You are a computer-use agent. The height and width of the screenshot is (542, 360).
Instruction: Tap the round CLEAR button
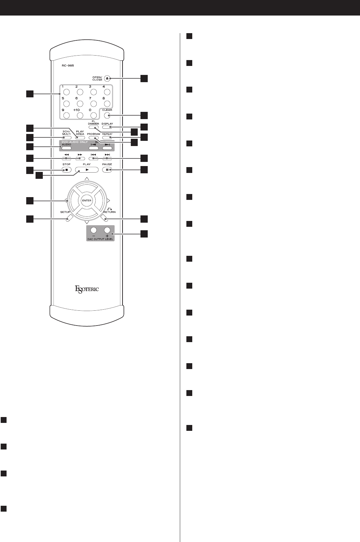point(107,116)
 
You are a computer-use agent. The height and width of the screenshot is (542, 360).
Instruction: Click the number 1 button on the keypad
point(67,92)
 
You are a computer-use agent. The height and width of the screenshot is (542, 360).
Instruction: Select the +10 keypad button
point(80,116)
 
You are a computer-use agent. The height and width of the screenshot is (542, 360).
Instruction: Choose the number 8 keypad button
point(107,104)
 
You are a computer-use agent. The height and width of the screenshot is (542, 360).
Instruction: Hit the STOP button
point(66,170)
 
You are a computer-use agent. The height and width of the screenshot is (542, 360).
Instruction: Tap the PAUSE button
point(107,170)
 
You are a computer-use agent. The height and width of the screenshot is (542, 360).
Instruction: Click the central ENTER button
point(87,200)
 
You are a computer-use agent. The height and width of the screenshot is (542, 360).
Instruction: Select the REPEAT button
point(107,138)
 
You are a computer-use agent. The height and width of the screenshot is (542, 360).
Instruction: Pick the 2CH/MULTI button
point(66,138)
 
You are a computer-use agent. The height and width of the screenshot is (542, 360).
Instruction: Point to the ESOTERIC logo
point(87,289)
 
